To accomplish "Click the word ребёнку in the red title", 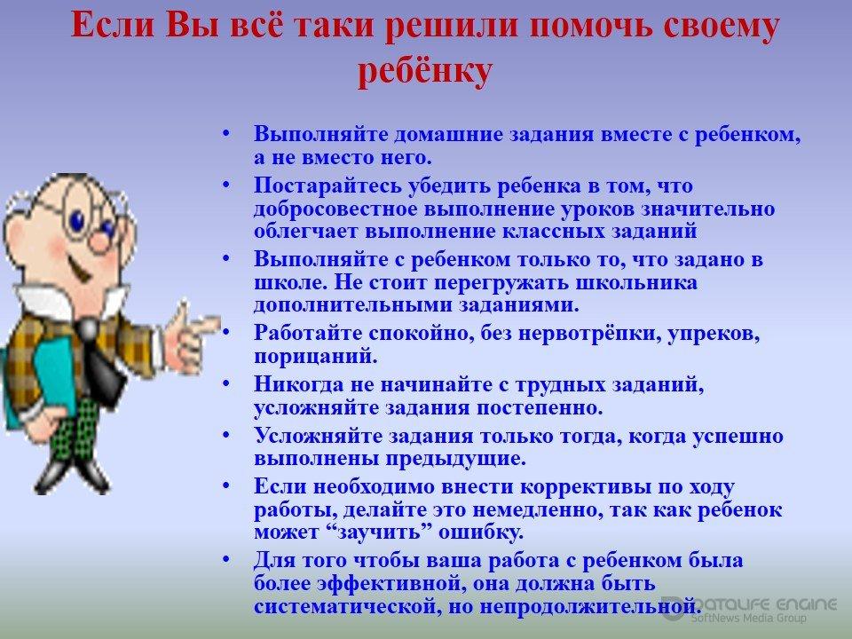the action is point(425,71).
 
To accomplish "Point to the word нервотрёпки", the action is point(589,333).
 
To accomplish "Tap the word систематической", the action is point(345,606).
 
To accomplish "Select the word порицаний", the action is point(315,357).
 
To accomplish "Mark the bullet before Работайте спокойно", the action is point(226,331).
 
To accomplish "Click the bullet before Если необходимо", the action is point(226,485).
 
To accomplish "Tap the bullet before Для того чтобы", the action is point(226,558).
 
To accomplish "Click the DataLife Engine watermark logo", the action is point(750,609).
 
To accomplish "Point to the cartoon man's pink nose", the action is point(100,241).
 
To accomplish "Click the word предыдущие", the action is point(456,459).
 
